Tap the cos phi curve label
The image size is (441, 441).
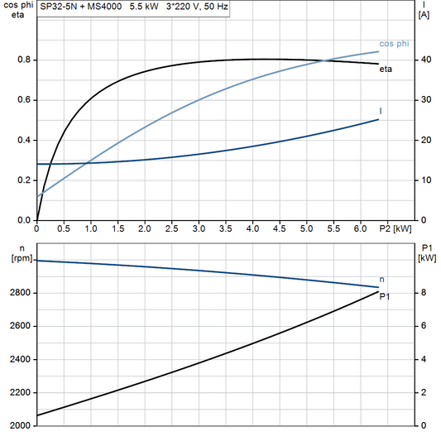pos(393,43)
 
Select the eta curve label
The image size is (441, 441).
pos(386,70)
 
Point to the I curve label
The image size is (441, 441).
pos(381,111)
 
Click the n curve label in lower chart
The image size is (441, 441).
pos(381,280)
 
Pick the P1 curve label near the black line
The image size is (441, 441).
pos(385,296)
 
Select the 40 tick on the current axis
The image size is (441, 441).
pos(423,60)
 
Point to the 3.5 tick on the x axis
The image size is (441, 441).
pos(226,228)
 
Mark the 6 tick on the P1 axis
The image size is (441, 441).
pos(423,326)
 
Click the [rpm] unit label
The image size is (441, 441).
pos(17,258)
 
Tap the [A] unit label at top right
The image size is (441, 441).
pos(424,15)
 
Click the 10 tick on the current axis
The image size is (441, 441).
pos(423,180)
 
